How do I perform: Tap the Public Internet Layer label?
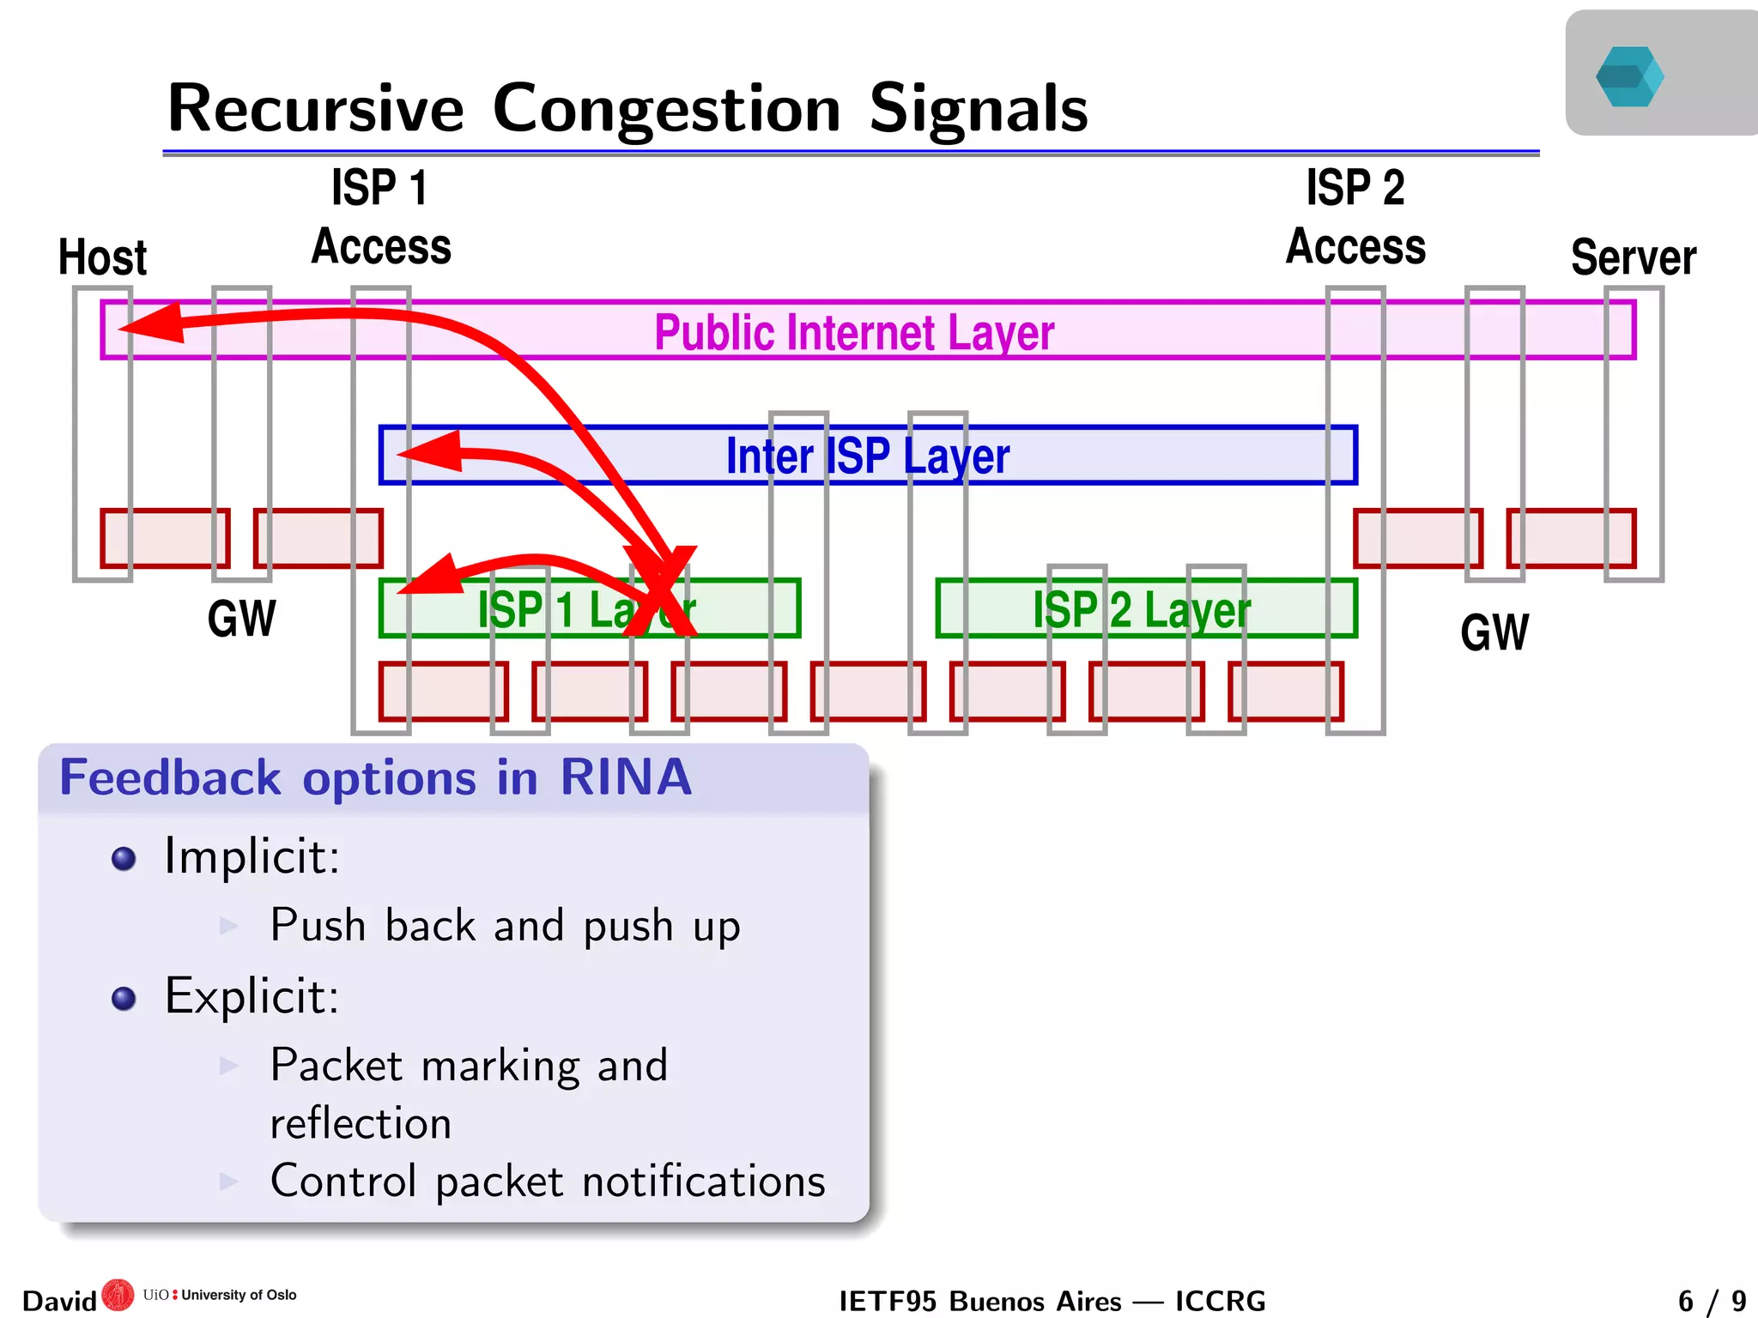(853, 333)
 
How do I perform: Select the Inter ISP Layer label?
(867, 456)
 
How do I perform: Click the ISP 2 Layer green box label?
(1141, 610)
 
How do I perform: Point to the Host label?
(102, 257)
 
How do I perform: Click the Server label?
(1633, 257)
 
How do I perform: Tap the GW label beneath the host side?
(241, 619)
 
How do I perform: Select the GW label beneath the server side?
(1494, 633)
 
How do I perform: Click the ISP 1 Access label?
(380, 218)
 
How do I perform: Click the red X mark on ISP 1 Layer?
(661, 592)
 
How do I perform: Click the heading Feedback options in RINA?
(375, 777)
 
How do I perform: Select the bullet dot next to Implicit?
(124, 858)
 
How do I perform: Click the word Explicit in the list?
(251, 996)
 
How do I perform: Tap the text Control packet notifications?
(548, 1181)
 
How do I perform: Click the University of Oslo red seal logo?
(118, 1295)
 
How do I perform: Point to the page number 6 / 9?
(1711, 1301)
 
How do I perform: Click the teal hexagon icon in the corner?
(1629, 76)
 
